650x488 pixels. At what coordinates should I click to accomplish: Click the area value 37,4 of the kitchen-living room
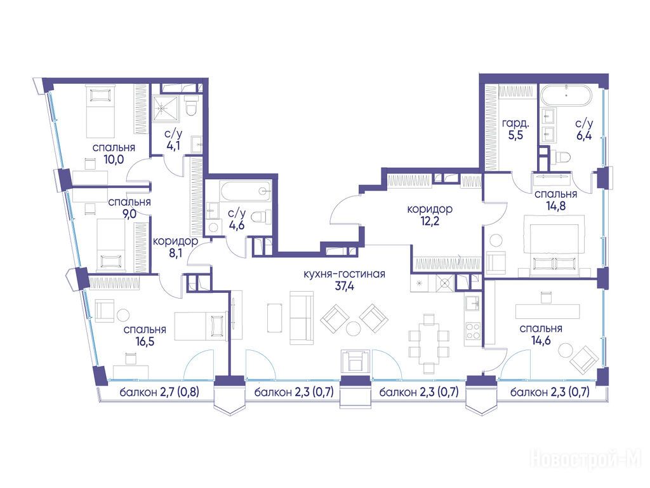pos(344,286)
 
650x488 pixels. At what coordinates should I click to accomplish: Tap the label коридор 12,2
pos(430,215)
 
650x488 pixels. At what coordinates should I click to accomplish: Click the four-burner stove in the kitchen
pos(473,330)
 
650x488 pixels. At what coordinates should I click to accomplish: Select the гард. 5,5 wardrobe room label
pos(515,128)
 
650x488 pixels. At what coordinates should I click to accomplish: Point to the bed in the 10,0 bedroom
pos(100,111)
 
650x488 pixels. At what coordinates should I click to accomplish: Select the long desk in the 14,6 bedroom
pos(547,311)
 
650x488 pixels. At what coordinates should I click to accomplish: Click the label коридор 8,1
pos(175,247)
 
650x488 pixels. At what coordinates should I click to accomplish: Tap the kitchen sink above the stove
pos(472,303)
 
